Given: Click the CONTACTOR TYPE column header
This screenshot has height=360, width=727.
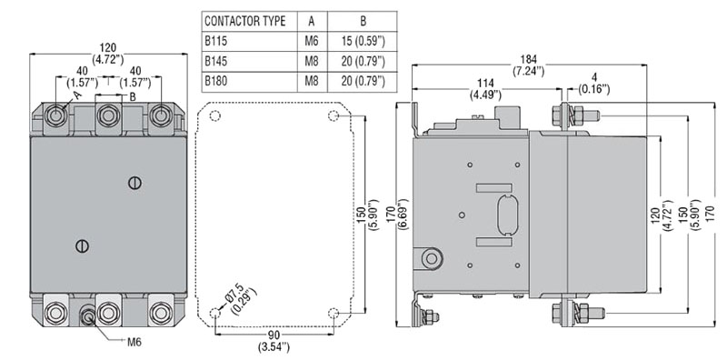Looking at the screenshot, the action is (x=244, y=21).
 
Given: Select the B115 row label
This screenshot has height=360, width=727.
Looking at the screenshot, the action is (x=216, y=41).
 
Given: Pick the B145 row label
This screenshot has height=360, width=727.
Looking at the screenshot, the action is (x=216, y=61).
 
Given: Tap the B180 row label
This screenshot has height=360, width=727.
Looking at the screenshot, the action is (x=216, y=81).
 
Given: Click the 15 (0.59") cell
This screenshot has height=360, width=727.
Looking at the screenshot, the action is (x=363, y=41).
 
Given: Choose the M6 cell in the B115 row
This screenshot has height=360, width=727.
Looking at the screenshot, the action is (x=312, y=41).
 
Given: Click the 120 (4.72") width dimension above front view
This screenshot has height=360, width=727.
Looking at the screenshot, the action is (x=108, y=54).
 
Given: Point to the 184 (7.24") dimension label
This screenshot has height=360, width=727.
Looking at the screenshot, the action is (x=528, y=65).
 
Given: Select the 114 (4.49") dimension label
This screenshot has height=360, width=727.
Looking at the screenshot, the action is (x=485, y=88).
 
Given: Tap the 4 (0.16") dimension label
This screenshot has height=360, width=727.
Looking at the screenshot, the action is (x=594, y=83).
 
